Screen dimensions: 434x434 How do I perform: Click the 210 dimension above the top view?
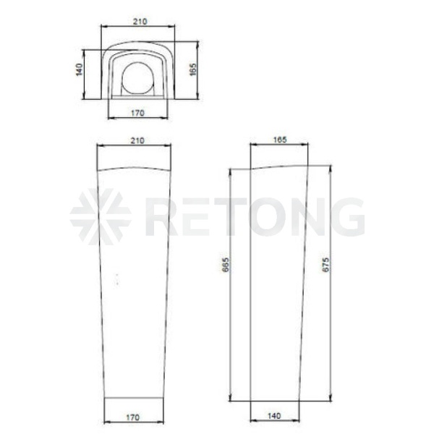coord(140,22)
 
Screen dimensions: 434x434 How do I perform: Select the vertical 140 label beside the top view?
coord(79,69)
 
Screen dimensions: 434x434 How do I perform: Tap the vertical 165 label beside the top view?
coord(193,69)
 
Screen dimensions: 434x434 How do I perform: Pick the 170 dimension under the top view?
coord(137,114)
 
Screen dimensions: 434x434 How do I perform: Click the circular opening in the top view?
coord(137,78)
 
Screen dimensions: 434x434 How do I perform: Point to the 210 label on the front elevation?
coord(137,140)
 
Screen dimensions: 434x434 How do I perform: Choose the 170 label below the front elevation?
coord(133,417)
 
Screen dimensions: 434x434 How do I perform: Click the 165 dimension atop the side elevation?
coord(280,140)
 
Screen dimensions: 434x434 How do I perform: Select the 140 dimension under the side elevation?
coord(274,416)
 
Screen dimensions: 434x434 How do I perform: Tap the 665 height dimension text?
coord(226,265)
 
